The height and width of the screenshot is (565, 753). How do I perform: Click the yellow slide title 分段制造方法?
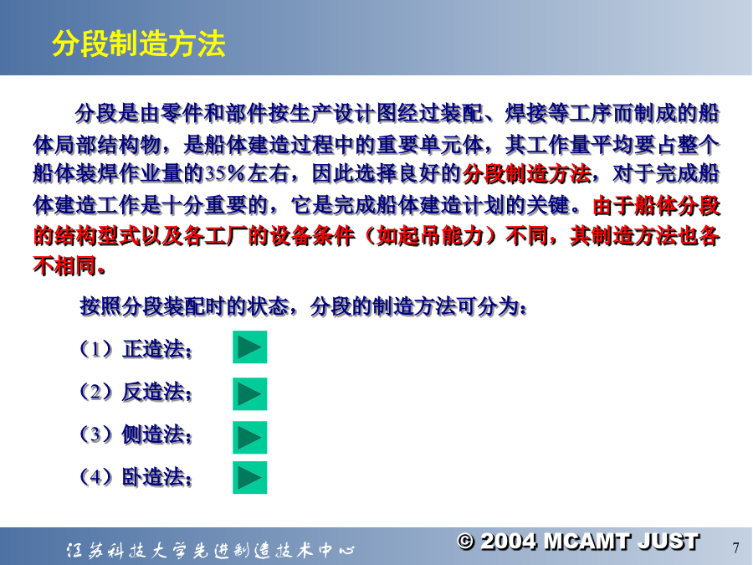[139, 44]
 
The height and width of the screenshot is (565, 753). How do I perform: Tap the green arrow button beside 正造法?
[249, 347]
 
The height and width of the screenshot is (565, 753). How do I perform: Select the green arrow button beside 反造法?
[249, 394]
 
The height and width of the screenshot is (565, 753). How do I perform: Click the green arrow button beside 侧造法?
[249, 437]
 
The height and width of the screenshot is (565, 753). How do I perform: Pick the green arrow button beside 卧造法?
[249, 478]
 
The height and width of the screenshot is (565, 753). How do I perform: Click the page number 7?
[735, 547]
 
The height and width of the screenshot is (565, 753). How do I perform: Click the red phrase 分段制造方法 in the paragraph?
[527, 174]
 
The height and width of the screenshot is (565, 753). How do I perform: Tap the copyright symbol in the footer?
[465, 542]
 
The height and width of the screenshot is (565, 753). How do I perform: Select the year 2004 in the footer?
[509, 542]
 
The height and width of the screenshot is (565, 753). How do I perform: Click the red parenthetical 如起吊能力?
[430, 236]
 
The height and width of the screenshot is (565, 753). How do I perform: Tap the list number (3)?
[96, 434]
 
